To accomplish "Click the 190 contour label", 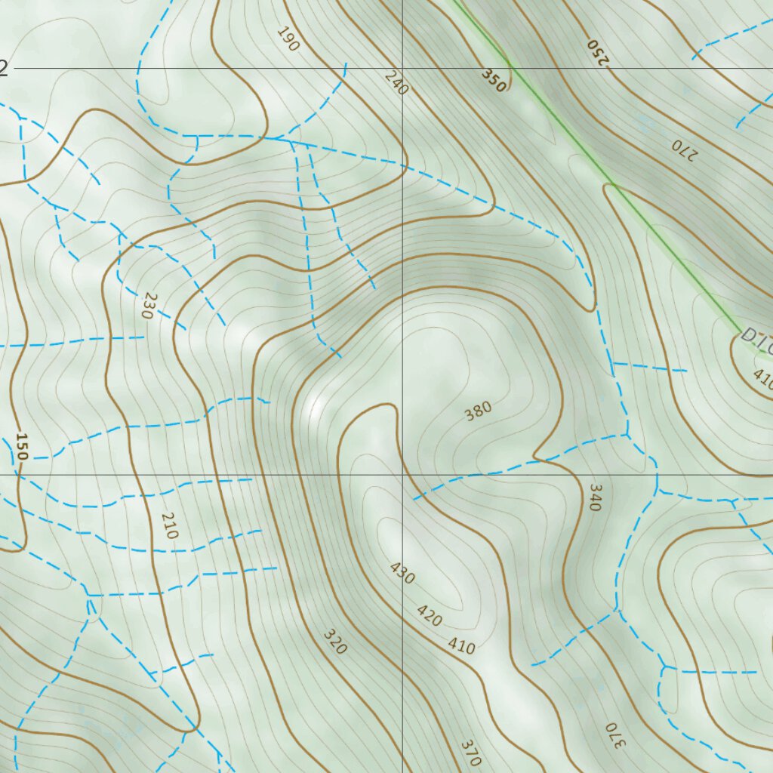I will [288, 39].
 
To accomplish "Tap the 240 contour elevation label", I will [396, 82].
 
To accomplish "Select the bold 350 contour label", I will [494, 79].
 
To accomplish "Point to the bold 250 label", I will [597, 52].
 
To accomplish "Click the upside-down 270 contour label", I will [682, 151].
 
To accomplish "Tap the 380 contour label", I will [478, 411].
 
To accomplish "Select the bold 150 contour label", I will [21, 447].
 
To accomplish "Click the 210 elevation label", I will [169, 525].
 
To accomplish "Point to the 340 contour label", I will [593, 497].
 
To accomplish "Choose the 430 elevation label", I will [402, 574].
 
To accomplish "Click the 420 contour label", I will [429, 616].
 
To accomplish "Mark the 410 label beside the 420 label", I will [461, 645].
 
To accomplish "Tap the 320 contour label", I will [334, 642].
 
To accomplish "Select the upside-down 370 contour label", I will [616, 736].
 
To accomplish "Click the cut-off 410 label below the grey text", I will [762, 380].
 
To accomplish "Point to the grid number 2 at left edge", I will [4, 69].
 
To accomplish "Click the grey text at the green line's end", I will [756, 339].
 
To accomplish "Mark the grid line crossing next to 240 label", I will [402, 69].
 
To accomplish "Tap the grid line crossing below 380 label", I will [402, 475].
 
